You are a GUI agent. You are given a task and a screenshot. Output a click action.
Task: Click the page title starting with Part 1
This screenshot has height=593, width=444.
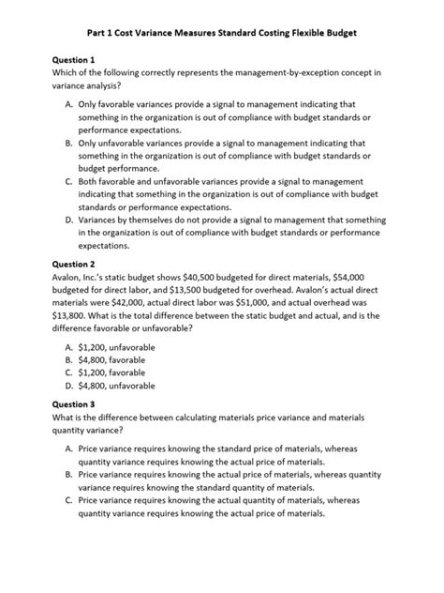click(x=222, y=31)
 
